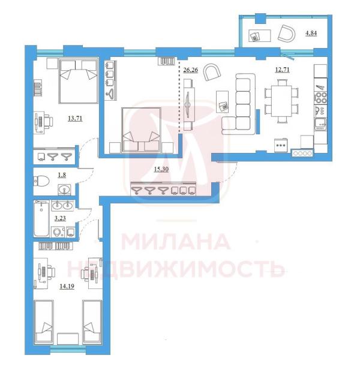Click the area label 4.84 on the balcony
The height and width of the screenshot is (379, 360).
pos(311,33)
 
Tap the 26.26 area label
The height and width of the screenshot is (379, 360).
pos(191,70)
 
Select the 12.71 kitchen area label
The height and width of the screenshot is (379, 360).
pos(283,70)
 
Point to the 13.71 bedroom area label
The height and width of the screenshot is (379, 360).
pos(75,119)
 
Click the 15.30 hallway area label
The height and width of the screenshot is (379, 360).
pos(161,169)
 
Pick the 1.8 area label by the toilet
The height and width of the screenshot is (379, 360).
pos(62,175)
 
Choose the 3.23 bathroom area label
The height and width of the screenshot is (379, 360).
pos(60,218)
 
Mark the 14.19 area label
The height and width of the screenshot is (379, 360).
pos(67,286)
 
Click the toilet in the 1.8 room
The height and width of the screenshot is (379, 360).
pos(41,181)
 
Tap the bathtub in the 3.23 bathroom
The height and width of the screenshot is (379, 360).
pos(41,218)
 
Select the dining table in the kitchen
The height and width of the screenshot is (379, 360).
pos(281,101)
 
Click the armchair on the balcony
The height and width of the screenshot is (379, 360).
pos(287,34)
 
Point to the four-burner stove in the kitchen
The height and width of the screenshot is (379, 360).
pos(321,97)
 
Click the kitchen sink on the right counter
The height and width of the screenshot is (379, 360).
pos(321,124)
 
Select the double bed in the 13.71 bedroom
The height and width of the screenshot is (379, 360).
pos(79,81)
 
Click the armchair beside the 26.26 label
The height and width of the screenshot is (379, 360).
pos(212,72)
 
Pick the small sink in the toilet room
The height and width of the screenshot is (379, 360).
pos(64,189)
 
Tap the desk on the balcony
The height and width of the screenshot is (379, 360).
pos(259,36)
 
